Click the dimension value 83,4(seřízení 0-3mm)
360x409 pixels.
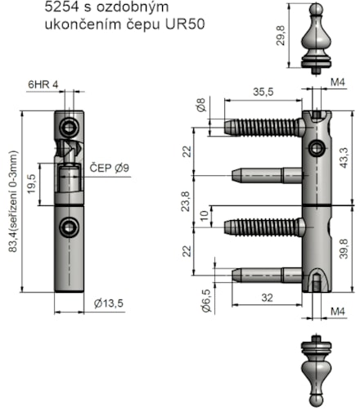point(14,202)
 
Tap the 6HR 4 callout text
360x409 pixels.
point(43,84)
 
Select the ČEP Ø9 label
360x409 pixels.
point(110,169)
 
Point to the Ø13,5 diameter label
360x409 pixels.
point(109,303)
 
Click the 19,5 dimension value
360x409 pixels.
point(32,184)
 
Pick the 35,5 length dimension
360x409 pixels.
point(263,92)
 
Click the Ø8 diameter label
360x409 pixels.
point(201,105)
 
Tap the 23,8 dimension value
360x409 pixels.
point(185,201)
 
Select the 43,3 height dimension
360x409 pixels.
point(344,158)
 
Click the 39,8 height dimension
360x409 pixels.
point(344,249)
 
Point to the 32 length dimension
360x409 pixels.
point(267,298)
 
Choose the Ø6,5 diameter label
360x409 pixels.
point(206,301)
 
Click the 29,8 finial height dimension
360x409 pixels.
point(281,35)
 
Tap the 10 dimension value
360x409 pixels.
point(205,216)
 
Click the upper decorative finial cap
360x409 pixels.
point(317,38)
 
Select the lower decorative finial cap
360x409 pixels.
point(317,371)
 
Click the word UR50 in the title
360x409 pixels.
point(185,25)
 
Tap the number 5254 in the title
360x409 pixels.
point(61,7)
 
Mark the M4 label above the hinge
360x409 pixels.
point(338,82)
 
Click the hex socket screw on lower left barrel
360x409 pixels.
point(69,227)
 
